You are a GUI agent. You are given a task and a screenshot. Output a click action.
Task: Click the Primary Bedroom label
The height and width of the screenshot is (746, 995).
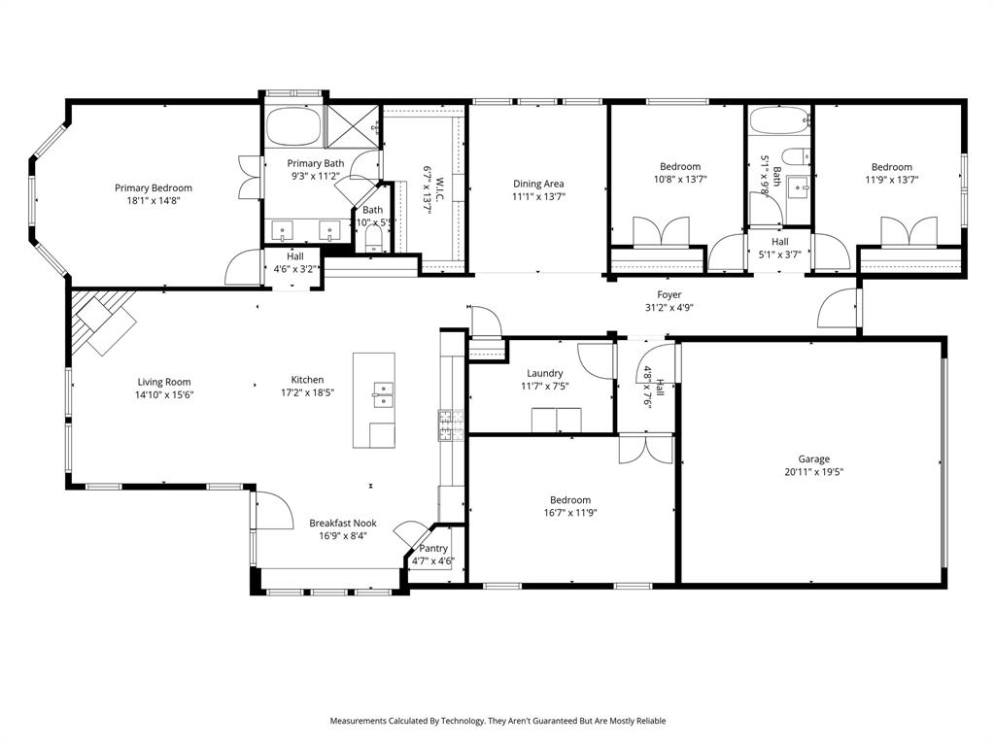154,187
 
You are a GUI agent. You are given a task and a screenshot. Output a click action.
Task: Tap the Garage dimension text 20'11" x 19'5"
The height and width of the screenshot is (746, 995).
813,472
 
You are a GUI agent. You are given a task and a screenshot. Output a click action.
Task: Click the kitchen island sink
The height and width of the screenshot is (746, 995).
383,394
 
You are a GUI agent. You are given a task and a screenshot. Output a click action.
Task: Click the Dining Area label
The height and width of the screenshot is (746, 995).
538,184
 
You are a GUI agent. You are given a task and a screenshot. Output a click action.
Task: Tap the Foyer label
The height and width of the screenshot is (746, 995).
669,294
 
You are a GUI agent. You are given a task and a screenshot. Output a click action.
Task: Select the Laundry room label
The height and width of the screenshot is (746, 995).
545,373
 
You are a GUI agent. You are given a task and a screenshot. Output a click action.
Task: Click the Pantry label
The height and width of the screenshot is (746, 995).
433,548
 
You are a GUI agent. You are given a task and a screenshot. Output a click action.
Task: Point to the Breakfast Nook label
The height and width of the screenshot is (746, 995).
343,523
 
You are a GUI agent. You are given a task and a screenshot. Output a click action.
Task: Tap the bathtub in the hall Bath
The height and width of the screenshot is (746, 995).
779,123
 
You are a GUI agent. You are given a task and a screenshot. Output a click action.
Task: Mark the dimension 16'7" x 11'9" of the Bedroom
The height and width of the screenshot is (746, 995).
569,513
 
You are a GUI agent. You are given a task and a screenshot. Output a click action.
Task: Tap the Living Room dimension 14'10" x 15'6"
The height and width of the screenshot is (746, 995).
163,394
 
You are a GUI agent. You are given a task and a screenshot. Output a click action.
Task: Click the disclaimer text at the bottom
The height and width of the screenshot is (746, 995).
497,721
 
